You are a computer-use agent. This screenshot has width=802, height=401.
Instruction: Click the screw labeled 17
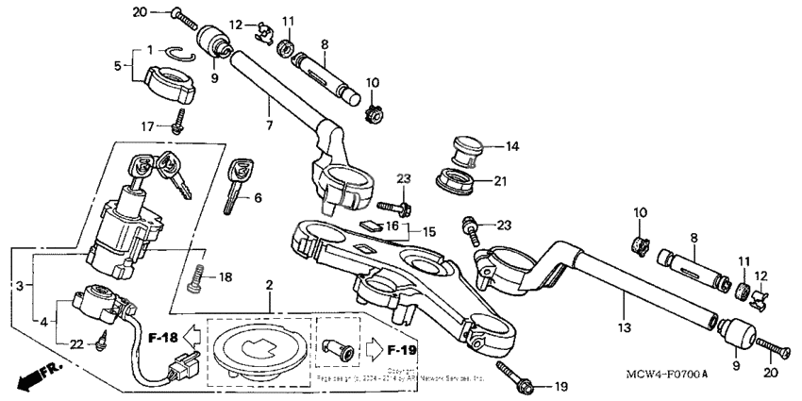click(177, 120)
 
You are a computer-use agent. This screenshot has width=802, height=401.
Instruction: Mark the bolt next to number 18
click(197, 277)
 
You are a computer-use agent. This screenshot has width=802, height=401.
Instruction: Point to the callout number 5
click(118, 66)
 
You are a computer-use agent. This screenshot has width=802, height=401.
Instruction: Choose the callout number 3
click(18, 283)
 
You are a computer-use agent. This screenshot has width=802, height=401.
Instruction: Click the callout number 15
click(429, 231)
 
